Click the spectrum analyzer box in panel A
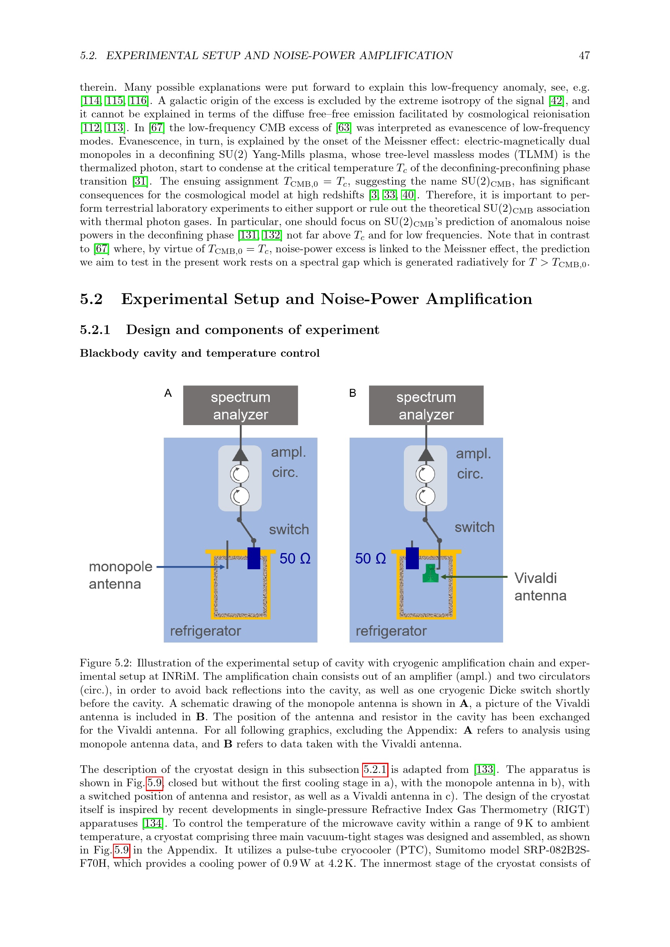click(x=240, y=405)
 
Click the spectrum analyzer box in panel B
click(x=426, y=405)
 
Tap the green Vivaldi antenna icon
click(x=430, y=573)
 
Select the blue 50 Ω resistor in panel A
click(x=254, y=558)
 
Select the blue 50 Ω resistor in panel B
click(x=412, y=558)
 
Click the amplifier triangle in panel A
click(x=240, y=455)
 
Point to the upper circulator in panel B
click(x=425, y=474)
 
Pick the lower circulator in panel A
click(x=240, y=496)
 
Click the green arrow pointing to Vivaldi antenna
click(x=474, y=577)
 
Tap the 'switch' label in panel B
click(x=474, y=527)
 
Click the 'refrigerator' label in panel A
click(x=205, y=631)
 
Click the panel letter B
click(x=352, y=393)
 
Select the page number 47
click(x=584, y=56)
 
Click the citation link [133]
click(x=484, y=769)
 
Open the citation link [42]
click(x=556, y=101)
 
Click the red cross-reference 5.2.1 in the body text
click(x=375, y=769)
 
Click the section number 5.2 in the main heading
click(x=91, y=299)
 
